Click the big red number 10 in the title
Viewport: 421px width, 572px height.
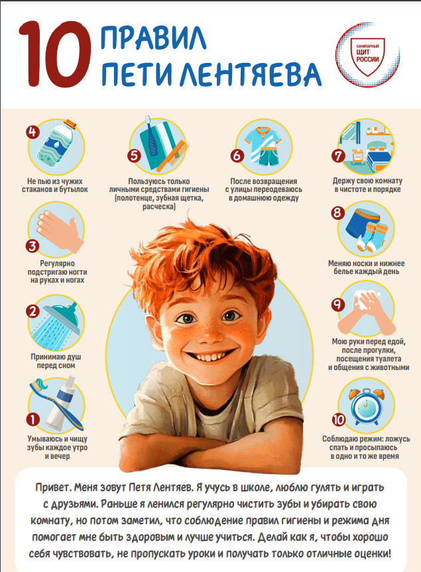pyautogui.click(x=55, y=54)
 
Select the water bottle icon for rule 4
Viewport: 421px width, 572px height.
pyautogui.click(x=59, y=145)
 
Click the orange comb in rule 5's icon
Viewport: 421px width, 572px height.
pyautogui.click(x=172, y=156)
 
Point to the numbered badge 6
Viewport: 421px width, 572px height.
pyautogui.click(x=237, y=156)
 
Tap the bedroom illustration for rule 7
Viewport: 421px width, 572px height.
pyautogui.click(x=367, y=148)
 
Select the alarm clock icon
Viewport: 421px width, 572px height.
pyautogui.click(x=366, y=406)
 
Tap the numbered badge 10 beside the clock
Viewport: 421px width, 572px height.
pyautogui.click(x=339, y=420)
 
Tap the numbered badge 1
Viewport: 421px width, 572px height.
pyautogui.click(x=33, y=420)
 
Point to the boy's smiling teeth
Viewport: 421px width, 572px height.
pyautogui.click(x=210, y=356)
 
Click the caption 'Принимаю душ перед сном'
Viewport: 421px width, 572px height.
pyautogui.click(x=56, y=361)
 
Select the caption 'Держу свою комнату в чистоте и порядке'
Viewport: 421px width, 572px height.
pyautogui.click(x=367, y=185)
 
